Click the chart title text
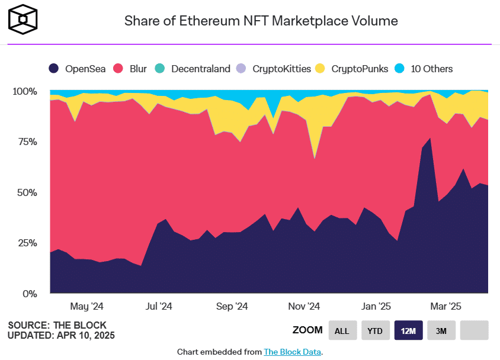point(261,21)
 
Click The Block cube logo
point(23,19)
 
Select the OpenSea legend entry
point(78,69)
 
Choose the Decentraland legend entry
point(193,69)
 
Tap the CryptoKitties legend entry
point(274,69)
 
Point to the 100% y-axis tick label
point(24,92)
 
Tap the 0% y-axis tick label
point(29,293)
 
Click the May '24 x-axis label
point(87,307)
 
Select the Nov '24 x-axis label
point(304,307)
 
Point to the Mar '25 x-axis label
point(445,307)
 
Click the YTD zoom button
point(376,330)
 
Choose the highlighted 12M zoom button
point(408,330)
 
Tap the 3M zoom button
point(441,330)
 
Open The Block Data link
point(292,352)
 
